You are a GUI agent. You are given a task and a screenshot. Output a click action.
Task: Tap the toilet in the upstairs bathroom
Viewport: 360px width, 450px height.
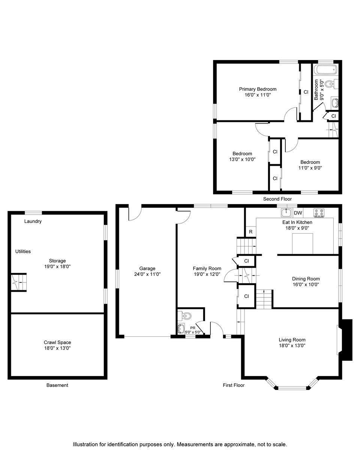coord(331,84)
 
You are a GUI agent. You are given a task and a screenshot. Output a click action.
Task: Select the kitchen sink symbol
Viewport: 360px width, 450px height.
coord(286,213)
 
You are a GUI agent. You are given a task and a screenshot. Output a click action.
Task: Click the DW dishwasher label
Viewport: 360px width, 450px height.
coord(298,213)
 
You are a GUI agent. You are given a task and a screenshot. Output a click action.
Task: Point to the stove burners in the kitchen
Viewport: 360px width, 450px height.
coord(319,213)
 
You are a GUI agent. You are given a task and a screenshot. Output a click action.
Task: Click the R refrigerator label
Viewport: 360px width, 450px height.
coord(250,232)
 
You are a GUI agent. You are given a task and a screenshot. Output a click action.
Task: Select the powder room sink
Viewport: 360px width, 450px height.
coord(181,329)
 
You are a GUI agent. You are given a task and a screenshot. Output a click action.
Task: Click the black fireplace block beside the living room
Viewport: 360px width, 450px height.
coord(346,340)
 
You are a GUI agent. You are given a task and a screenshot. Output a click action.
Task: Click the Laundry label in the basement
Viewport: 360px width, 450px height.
coord(33,221)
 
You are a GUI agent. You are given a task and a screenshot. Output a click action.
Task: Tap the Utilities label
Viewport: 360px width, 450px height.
coord(23,251)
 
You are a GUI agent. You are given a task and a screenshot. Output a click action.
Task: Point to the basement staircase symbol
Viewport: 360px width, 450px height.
coord(19,282)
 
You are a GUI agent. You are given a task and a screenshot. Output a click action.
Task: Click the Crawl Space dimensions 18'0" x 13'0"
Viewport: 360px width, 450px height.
coord(57,348)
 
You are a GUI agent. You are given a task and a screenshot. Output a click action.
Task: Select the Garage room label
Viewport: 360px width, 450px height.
coord(147,268)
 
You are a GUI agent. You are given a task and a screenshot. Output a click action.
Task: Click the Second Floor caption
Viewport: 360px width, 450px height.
coord(277,199)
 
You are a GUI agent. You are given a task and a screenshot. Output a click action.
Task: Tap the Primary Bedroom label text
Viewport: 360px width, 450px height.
coord(258,89)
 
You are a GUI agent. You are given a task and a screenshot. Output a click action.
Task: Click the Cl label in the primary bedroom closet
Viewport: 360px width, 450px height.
coord(306,92)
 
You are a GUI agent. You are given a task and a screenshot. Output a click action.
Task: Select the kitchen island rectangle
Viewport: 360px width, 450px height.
coord(302,244)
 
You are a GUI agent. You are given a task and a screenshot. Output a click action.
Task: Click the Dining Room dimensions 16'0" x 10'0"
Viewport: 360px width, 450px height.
coord(306,284)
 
